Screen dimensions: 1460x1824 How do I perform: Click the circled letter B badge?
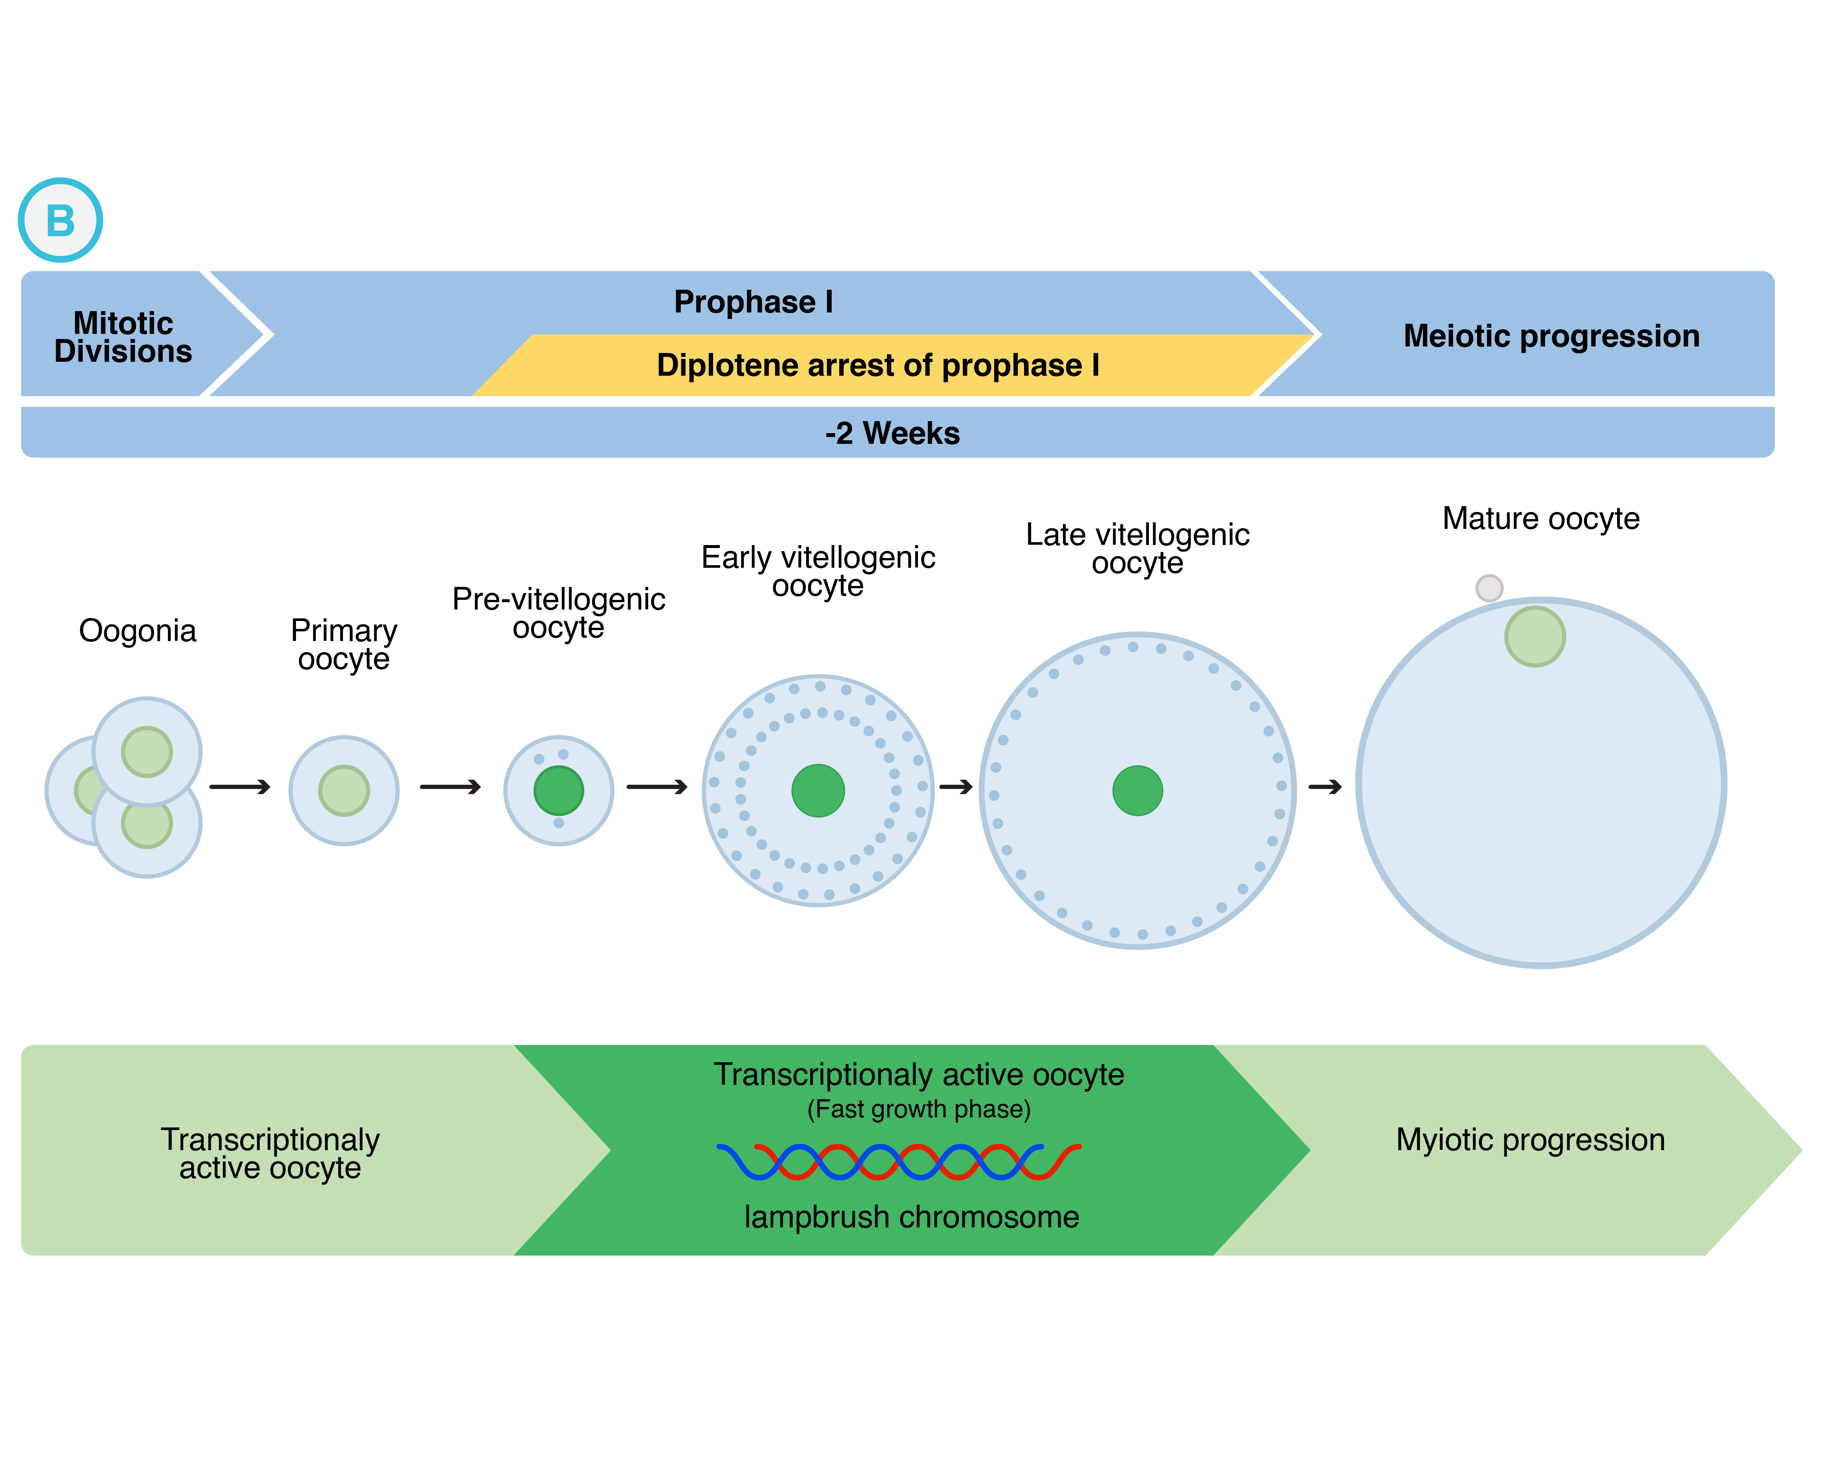pyautogui.click(x=60, y=220)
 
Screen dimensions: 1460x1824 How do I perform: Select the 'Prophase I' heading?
pyautogui.click(x=753, y=302)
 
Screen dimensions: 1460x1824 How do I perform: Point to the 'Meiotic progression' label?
pyautogui.click(x=1551, y=336)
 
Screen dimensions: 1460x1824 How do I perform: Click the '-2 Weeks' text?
pyautogui.click(x=892, y=433)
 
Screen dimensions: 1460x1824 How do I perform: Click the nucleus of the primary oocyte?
pyautogui.click(x=343, y=791)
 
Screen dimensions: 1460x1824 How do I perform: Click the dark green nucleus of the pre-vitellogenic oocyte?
pyautogui.click(x=558, y=791)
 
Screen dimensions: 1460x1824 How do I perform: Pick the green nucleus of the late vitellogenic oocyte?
pyautogui.click(x=1137, y=791)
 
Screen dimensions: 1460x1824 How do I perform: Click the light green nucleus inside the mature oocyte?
pyautogui.click(x=1535, y=637)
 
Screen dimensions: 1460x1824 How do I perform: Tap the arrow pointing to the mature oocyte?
pyautogui.click(x=1325, y=787)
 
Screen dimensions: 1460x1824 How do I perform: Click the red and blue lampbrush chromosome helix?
pyautogui.click(x=899, y=1161)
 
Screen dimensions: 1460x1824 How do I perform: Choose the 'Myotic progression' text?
pyautogui.click(x=1530, y=1139)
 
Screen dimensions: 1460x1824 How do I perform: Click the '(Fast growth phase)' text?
pyautogui.click(x=919, y=1109)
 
